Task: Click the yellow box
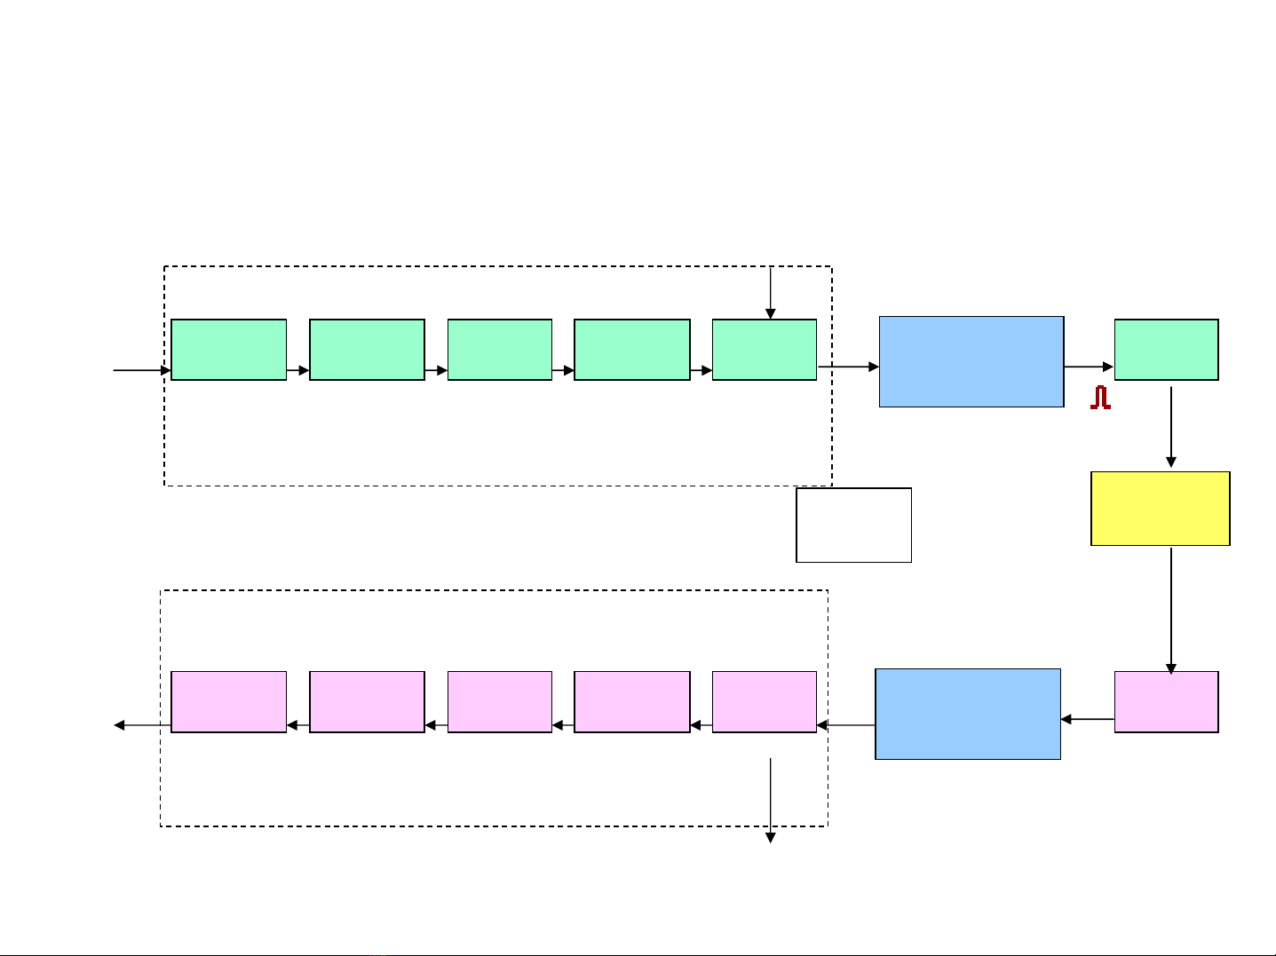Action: [x=1160, y=508]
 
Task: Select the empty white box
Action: [x=853, y=525]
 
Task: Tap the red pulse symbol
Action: [x=1101, y=398]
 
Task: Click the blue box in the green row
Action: [x=971, y=361]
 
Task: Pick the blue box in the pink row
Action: [x=968, y=714]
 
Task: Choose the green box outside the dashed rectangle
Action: [x=1166, y=350]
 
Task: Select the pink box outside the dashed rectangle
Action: [x=1166, y=701]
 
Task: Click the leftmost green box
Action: [x=228, y=350]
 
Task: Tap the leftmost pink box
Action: [x=228, y=701]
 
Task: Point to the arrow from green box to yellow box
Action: [x=1171, y=426]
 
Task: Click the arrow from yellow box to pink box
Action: [x=1171, y=610]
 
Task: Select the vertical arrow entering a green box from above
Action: [x=771, y=293]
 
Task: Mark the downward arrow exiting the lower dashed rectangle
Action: [x=771, y=800]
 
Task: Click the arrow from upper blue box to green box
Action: [x=1089, y=366]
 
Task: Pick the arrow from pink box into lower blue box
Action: [x=1088, y=719]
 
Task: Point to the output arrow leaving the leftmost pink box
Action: [x=142, y=725]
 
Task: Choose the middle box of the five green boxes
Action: [x=499, y=350]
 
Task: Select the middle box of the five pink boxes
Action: [x=499, y=701]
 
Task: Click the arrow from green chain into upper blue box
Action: [x=848, y=366]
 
